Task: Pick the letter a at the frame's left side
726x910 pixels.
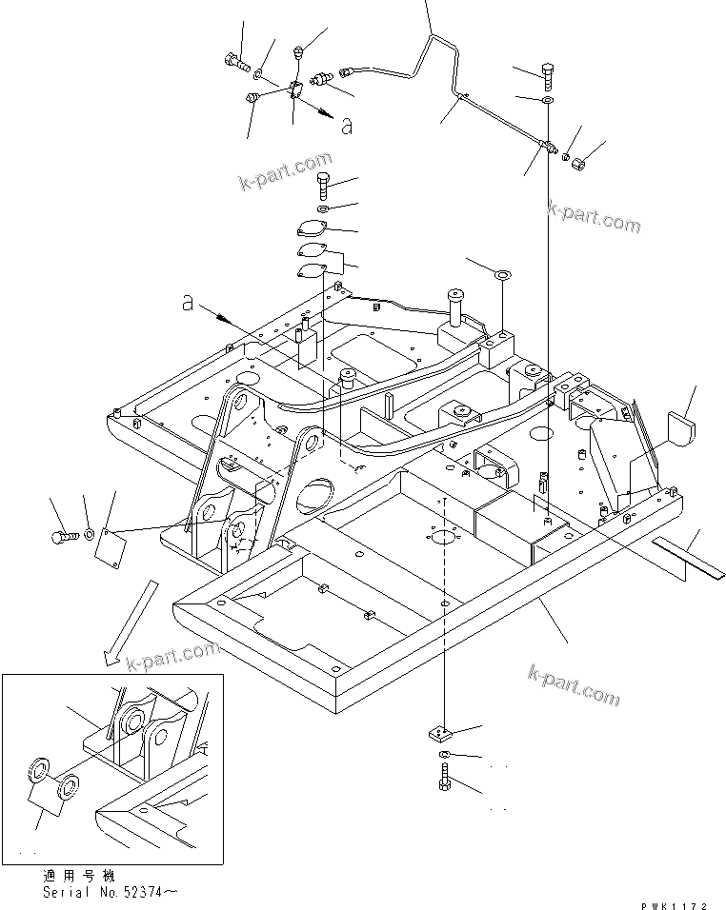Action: [189, 303]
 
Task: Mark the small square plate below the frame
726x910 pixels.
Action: [439, 734]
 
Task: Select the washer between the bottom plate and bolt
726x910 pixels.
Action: [445, 756]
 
